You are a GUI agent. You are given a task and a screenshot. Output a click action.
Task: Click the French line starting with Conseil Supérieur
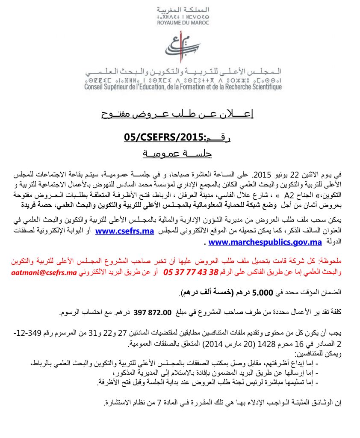click(x=183, y=87)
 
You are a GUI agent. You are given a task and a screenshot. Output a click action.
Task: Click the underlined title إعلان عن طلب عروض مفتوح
click(x=177, y=114)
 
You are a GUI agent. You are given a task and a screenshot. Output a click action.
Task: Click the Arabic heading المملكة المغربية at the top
click(x=180, y=10)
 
